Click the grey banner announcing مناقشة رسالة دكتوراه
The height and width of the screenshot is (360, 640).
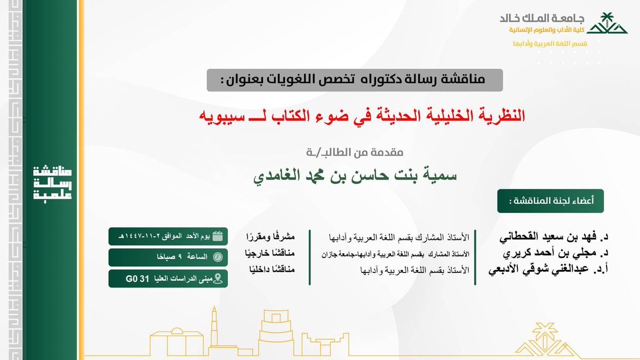point(355,80)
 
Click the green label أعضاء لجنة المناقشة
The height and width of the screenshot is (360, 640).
point(543,201)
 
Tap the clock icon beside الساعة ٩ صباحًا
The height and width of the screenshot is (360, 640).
point(218,257)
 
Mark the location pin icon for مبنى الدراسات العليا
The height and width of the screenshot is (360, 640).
point(218,278)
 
